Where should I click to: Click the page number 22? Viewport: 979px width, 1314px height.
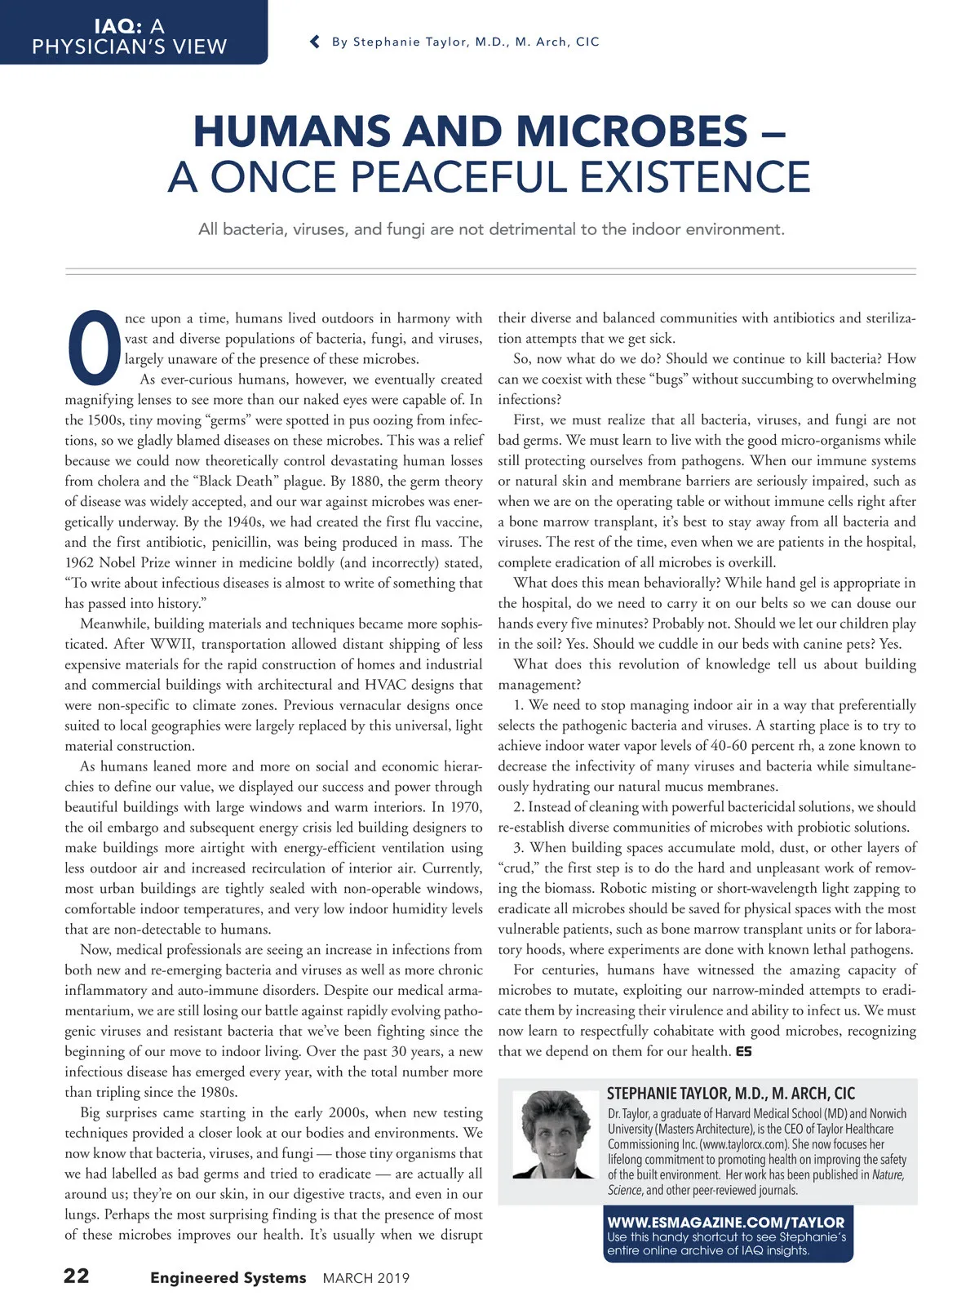pos(77,1276)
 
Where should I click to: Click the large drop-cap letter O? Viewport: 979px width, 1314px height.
pos(93,347)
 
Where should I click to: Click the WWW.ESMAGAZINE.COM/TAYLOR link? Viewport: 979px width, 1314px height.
pos(726,1222)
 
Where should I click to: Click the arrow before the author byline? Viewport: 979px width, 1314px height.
pos(315,42)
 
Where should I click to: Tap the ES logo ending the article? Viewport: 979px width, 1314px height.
pos(743,1051)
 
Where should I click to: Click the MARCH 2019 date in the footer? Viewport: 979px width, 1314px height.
pos(366,1278)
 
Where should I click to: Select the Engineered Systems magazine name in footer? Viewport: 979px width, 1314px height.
pos(228,1278)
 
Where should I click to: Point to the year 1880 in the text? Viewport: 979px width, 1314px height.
pos(366,481)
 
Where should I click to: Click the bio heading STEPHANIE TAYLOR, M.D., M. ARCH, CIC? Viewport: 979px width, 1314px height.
pos(731,1094)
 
